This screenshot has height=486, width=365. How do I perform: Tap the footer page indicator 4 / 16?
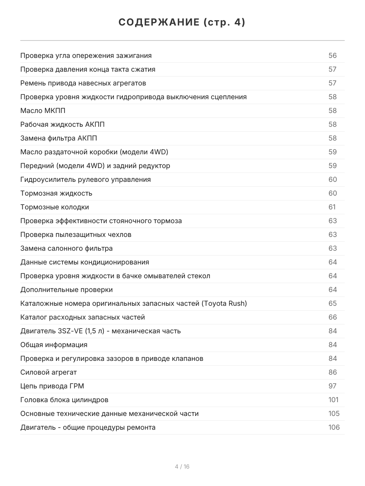pos(182,467)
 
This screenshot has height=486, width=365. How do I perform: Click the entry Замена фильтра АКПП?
pos(59,138)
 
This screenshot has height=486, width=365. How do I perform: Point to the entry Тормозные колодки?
pos(55,207)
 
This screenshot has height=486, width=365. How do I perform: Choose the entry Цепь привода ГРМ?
pos(52,386)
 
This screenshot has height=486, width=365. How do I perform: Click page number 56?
pos(333,55)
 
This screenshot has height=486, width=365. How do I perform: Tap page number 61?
pos(332,207)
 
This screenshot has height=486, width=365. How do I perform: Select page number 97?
pos(333,386)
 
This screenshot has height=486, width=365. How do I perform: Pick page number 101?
pos(333,400)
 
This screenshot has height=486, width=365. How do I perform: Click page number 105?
pos(334,414)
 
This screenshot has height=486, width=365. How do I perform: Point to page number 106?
pos(334,427)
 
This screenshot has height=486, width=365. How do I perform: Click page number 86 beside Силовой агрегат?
pos(333,372)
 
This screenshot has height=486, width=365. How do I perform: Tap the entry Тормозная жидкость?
pos(56,193)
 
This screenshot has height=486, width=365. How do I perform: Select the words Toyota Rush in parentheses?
pos(224,303)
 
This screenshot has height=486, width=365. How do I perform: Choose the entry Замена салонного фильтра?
pos(67,248)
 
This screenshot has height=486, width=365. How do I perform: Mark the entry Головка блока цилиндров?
pos(64,400)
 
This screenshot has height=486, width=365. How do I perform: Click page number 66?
pos(333,317)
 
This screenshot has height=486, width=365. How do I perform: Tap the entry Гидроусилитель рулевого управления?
pos(86,179)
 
